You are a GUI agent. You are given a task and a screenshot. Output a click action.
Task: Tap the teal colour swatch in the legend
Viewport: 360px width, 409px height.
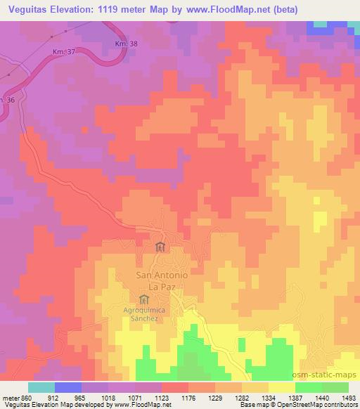[x=41, y=387]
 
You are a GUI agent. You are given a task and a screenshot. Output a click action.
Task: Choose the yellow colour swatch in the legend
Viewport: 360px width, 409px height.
[x=281, y=387]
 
